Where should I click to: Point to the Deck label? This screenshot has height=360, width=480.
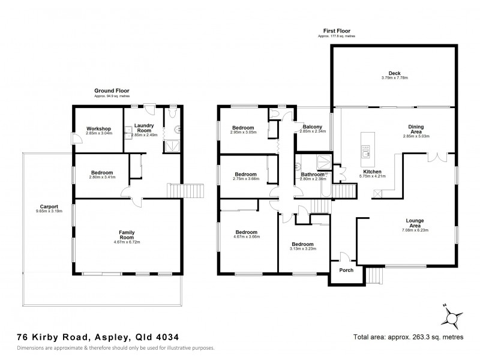click(x=394, y=72)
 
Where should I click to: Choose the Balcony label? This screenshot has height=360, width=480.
click(x=312, y=127)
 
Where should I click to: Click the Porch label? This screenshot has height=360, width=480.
click(x=346, y=269)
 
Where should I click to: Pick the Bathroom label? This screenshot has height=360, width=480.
click(x=312, y=174)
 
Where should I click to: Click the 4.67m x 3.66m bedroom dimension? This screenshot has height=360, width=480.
click(x=246, y=237)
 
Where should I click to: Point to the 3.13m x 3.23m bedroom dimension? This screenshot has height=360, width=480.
click(x=302, y=248)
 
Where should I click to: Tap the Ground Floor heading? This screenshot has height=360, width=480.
click(x=112, y=91)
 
